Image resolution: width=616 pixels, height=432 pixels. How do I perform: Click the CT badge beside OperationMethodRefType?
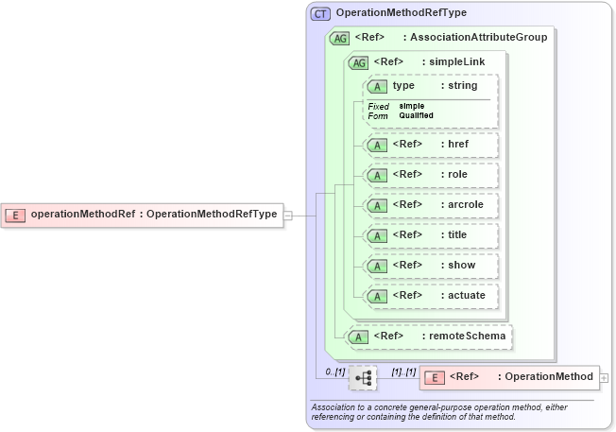coord(321,13)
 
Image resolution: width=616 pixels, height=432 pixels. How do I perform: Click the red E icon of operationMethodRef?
coord(16,215)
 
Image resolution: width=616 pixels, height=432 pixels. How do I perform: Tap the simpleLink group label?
coord(454,62)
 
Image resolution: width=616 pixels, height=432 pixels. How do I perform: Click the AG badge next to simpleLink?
coord(359,62)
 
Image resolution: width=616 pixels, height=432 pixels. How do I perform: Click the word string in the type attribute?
coord(463,86)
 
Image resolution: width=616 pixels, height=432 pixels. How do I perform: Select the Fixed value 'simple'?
coord(412,106)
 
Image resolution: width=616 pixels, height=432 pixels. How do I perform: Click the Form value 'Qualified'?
coord(417,115)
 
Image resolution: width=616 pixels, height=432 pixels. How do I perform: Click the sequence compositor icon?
coord(362,378)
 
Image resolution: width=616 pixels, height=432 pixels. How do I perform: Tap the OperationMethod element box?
coord(509,378)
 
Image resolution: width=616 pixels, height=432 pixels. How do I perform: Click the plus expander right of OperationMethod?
coord(604,378)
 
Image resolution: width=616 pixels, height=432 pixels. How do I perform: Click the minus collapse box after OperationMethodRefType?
coord(288,215)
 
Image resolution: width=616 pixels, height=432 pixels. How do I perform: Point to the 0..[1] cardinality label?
coord(334,372)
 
